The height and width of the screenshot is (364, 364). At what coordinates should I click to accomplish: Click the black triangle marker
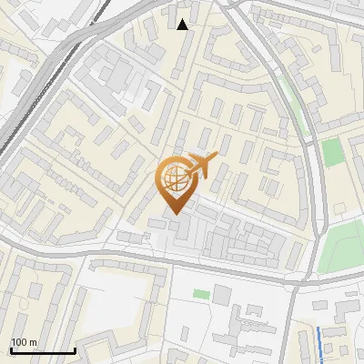coord(183,24)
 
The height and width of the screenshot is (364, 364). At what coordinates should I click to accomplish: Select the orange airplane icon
coord(202,166)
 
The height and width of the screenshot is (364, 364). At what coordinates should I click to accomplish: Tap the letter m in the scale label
coord(34,342)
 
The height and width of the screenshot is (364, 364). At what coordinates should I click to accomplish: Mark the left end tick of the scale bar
coord(10,349)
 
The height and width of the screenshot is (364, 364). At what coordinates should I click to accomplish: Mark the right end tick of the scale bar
coord(75,349)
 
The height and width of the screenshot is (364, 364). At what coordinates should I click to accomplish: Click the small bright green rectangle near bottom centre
coord(200,294)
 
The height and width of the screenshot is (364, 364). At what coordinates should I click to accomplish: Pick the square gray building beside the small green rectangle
coord(222,295)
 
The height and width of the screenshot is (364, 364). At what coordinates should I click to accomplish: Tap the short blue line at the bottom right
coord(319,341)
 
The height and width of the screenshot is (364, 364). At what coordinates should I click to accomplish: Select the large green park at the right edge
coord(344,241)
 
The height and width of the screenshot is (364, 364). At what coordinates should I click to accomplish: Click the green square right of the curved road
coord(333,152)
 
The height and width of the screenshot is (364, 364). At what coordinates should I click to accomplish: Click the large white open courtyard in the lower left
coord(114,300)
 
